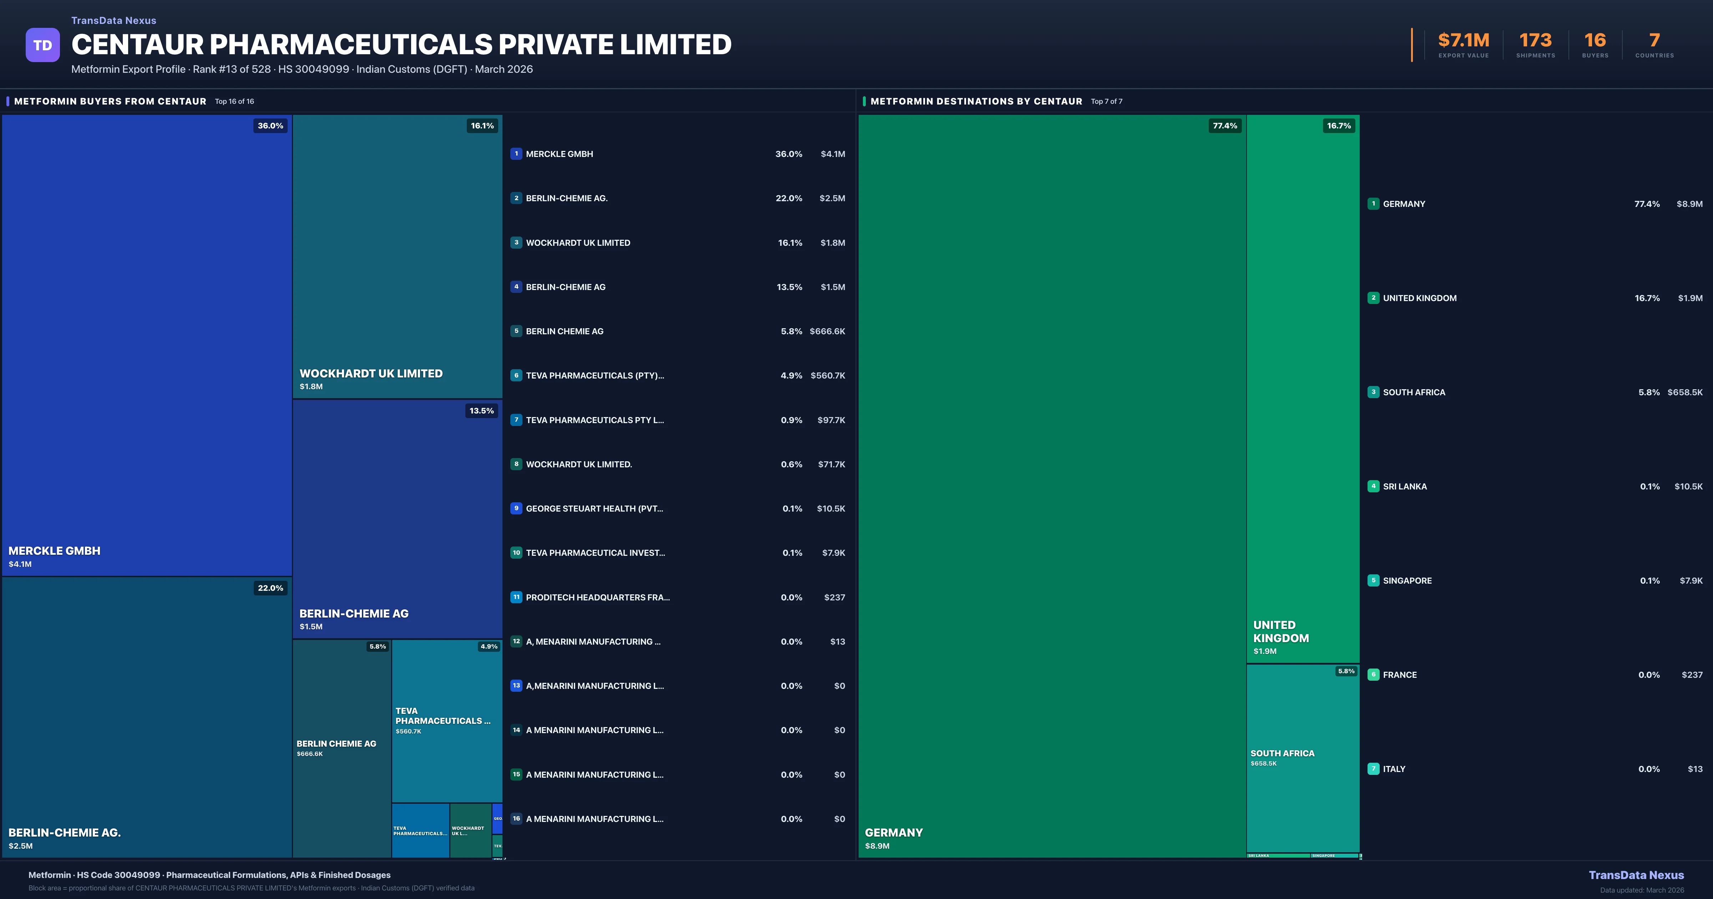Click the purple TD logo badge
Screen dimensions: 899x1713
point(42,45)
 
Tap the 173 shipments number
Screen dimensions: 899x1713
point(1535,41)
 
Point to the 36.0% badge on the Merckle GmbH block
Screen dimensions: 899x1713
point(270,126)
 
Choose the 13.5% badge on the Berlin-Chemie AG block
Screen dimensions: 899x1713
point(481,411)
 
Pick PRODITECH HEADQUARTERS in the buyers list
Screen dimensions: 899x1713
point(597,597)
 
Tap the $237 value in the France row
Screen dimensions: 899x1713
point(1692,675)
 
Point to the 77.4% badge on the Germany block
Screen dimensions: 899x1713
point(1224,126)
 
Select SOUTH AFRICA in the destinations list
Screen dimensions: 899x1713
point(1414,392)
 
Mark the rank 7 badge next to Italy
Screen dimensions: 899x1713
point(1373,769)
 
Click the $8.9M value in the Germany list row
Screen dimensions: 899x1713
point(1689,204)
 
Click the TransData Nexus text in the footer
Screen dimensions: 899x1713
point(1636,875)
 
